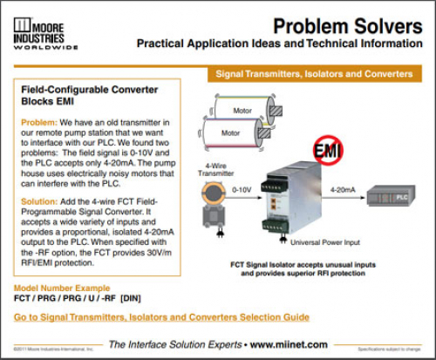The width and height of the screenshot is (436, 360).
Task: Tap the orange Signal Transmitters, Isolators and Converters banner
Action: [314, 74]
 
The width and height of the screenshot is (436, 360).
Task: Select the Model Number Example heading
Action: [62, 288]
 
